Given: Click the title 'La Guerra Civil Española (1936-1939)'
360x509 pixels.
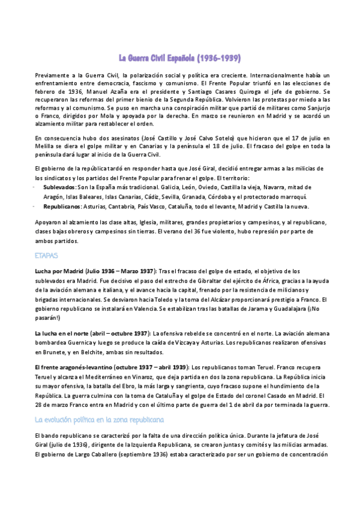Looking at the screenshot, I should point(180,58).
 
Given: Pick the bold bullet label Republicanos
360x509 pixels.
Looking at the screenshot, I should point(62,206).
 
